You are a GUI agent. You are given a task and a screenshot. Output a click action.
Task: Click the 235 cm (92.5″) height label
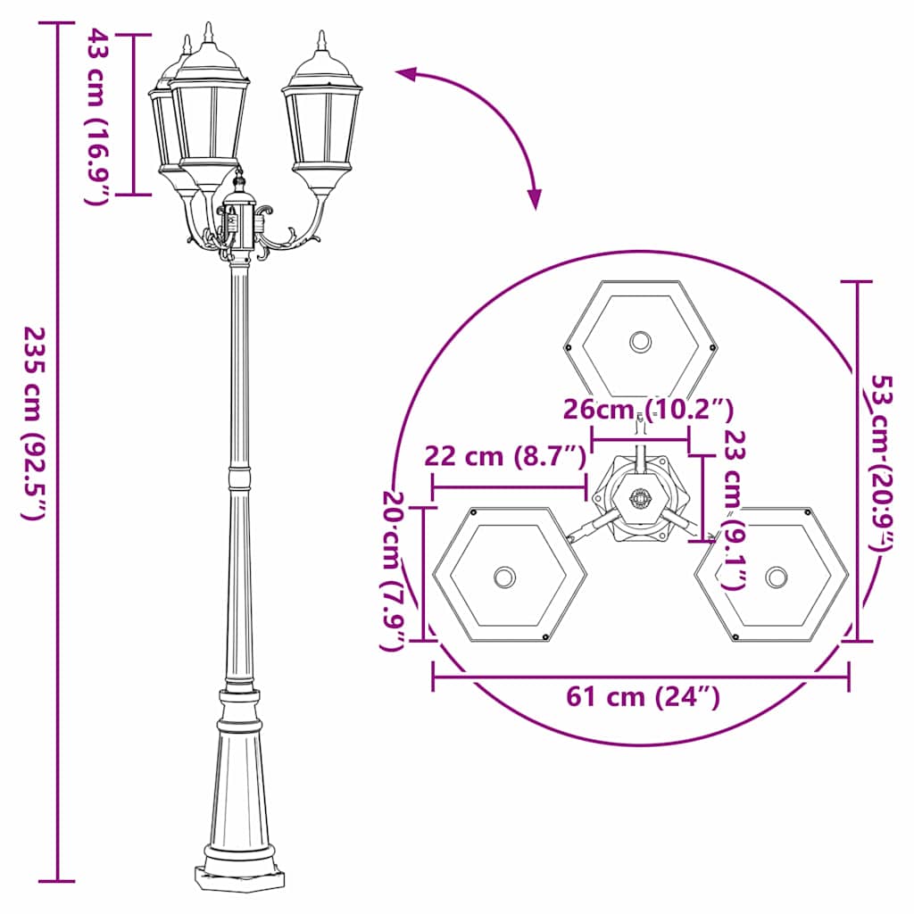33,423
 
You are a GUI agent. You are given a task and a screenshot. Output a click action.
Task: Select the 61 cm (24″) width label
643,697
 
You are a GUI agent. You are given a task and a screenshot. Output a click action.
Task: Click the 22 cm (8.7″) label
504,456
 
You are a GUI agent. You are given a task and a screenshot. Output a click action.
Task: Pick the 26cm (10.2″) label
648,409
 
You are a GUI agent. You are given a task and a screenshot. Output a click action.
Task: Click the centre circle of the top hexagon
640,341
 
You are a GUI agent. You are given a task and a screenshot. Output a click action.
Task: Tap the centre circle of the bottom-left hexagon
505,577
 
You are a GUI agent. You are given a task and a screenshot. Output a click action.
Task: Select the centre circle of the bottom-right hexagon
777,577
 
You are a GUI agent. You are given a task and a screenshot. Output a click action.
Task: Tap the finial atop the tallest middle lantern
208,33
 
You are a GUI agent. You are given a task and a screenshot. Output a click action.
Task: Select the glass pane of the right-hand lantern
322,125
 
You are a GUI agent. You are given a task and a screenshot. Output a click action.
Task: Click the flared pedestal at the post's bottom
239,785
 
